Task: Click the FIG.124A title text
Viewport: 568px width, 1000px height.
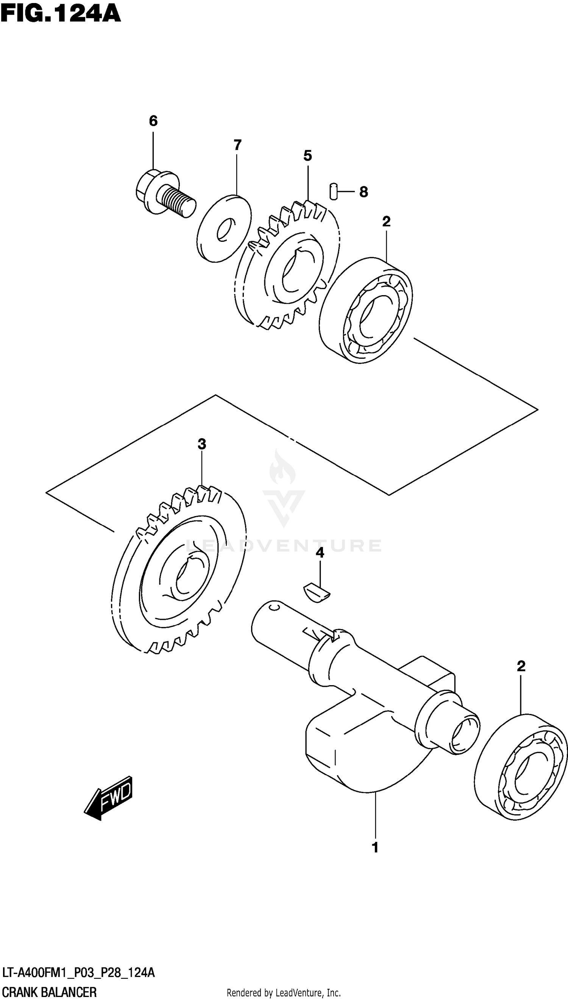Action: (x=61, y=14)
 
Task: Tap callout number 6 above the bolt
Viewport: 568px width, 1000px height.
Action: (x=153, y=121)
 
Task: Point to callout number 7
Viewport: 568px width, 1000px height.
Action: (x=237, y=145)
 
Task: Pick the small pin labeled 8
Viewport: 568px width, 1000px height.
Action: (x=333, y=191)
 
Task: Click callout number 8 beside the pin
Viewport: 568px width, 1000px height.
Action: (x=363, y=192)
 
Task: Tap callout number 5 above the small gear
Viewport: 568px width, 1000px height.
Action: (x=307, y=156)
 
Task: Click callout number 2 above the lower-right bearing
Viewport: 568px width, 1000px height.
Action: (x=521, y=666)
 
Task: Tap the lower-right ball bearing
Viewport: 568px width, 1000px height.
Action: (x=521, y=767)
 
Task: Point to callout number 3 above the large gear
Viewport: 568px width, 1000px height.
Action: (x=201, y=444)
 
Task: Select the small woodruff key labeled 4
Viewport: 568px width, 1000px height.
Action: (x=317, y=593)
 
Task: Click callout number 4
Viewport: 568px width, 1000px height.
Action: (x=320, y=552)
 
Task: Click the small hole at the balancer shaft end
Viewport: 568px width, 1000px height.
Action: (x=275, y=607)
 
